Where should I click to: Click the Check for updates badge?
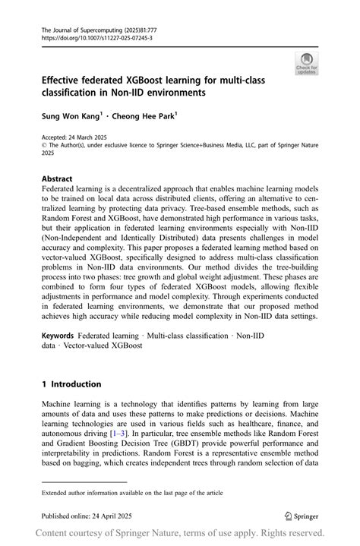pos(307,64)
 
